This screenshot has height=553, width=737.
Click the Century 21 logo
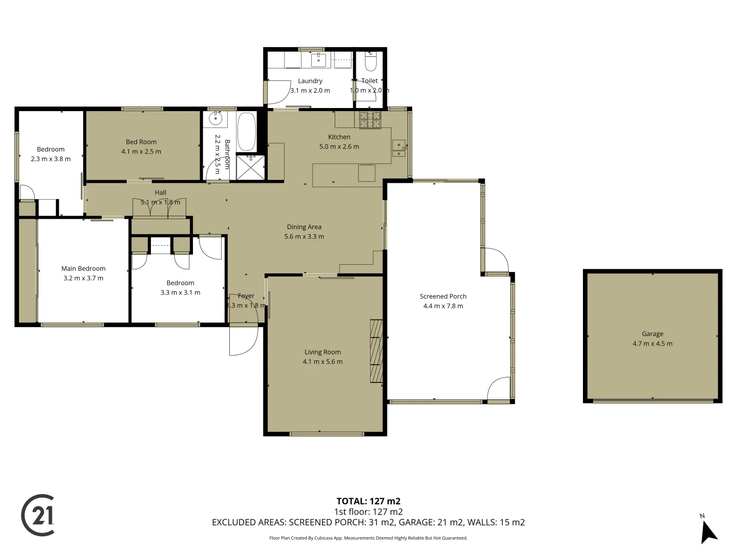38,515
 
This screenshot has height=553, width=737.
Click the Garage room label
653,334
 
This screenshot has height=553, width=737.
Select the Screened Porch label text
443,296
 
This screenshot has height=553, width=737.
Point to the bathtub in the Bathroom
246,131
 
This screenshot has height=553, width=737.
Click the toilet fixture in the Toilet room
371,62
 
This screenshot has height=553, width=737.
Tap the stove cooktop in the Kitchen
370,120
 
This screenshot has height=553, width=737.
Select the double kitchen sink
399,148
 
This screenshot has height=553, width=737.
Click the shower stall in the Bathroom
251,167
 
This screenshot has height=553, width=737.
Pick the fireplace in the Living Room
376,351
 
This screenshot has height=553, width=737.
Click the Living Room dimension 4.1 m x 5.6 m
322,362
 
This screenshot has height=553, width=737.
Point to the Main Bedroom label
83,269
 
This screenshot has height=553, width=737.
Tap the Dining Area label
304,227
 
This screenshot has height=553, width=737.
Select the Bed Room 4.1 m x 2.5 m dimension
141,152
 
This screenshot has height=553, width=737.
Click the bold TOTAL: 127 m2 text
368,501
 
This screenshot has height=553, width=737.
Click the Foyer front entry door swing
243,339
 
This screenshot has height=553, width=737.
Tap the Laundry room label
310,81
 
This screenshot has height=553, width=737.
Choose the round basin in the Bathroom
215,119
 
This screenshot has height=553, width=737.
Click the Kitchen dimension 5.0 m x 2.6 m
339,146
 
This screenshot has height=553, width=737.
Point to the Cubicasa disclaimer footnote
368,538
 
